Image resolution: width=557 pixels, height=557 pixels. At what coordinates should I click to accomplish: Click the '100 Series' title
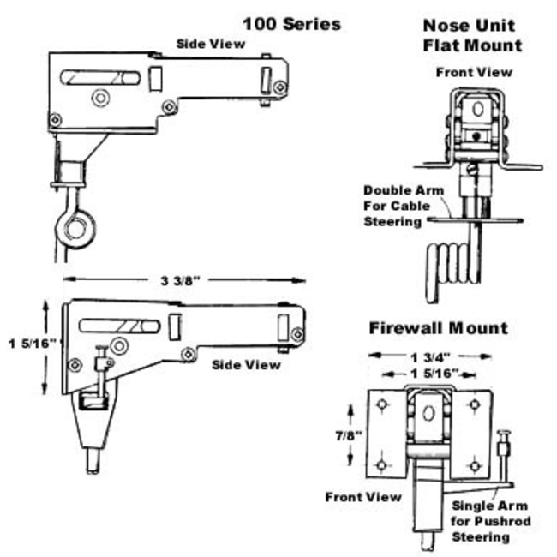click(291, 23)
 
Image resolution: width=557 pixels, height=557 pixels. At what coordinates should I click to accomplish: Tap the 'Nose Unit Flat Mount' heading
click(472, 36)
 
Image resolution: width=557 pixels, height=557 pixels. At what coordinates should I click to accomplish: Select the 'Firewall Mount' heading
click(438, 328)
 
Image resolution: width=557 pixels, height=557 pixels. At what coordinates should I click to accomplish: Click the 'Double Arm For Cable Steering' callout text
click(392, 206)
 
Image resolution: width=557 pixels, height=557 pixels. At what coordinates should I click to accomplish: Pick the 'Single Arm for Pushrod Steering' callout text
click(491, 522)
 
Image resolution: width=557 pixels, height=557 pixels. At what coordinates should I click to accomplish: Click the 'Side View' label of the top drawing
click(209, 44)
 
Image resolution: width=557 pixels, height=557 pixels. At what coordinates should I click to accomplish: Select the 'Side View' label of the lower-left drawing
click(246, 365)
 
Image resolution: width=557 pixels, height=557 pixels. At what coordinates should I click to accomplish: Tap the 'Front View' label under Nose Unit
click(473, 72)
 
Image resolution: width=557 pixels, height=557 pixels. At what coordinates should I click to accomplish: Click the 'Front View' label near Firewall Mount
click(362, 497)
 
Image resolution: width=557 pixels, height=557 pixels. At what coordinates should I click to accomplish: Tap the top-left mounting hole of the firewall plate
click(382, 404)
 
